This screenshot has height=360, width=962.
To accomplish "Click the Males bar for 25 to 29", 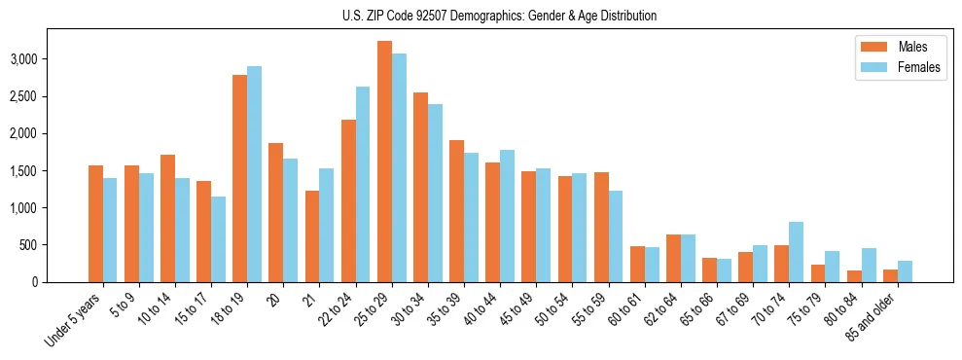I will [384, 162].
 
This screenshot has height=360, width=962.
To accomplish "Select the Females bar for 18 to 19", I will [254, 174].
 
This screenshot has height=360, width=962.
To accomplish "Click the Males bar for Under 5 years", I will [95, 224].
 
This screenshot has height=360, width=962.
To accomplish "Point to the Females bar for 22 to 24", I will [363, 184].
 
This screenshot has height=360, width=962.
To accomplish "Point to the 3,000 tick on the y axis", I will [50, 59].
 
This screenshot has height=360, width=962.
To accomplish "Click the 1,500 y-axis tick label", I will [50, 170].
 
